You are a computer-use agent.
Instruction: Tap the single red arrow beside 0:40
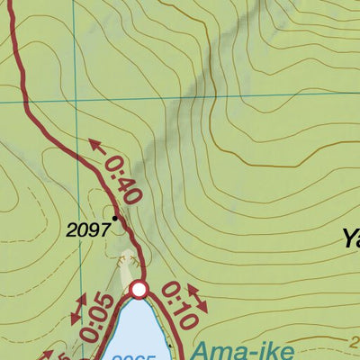point(96,146)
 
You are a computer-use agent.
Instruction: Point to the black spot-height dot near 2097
point(115,217)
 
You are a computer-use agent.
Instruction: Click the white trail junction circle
point(139,289)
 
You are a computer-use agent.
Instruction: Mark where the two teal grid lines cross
point(76,101)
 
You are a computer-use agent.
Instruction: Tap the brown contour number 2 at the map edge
point(354,340)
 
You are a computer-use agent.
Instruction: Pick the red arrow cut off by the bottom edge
point(61,355)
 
